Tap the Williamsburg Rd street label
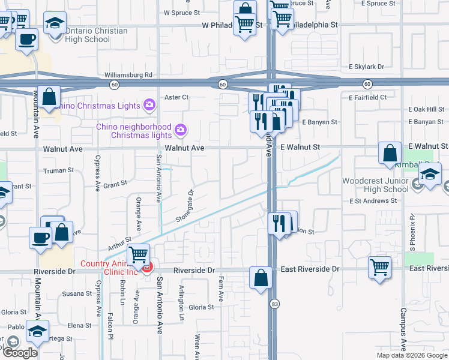coord(128,75)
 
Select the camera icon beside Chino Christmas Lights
coord(149,106)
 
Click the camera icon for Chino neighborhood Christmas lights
coord(179,130)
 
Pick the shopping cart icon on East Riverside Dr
coord(379,267)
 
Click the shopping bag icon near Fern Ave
coord(261,278)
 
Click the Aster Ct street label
coord(176,97)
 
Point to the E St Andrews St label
coord(373,201)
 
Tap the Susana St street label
coord(76,293)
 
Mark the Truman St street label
coord(58,170)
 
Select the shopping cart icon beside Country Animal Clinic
coord(139,254)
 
